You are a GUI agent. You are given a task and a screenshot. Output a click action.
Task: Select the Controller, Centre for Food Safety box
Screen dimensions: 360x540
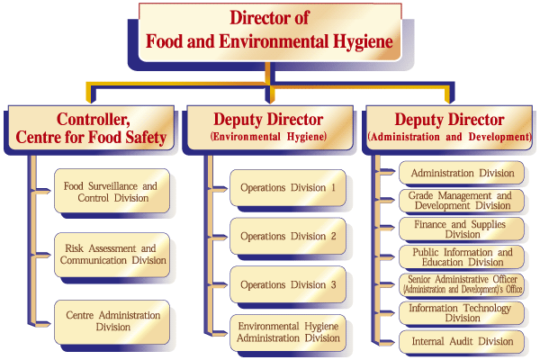point(91,129)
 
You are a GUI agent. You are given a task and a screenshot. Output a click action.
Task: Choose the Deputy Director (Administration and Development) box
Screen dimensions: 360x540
point(449,129)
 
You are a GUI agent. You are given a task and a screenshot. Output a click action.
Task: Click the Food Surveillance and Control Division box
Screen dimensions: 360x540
point(111,192)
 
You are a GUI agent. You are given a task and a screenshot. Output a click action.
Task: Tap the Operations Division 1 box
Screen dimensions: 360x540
point(287,189)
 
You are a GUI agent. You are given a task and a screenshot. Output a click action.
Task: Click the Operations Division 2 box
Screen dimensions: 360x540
point(287,237)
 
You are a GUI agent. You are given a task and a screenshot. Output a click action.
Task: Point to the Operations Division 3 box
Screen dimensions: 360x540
point(287,285)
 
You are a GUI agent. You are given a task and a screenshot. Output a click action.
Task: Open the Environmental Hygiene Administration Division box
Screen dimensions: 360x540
point(287,332)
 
